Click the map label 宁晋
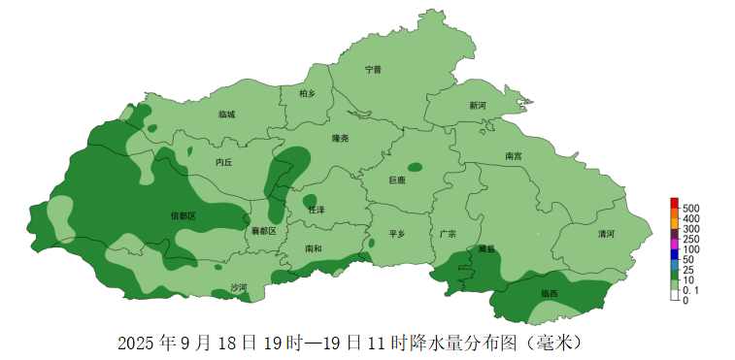pos(373,70)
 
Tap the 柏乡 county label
pos(308,93)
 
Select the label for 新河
pos(478,106)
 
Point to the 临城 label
pos(226,115)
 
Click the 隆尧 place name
pos(339,139)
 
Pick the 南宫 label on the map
pos(514,156)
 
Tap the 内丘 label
pos(224,163)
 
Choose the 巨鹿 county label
pos(396,180)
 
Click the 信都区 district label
pos(183,215)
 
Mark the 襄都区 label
pos(264,232)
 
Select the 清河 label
pos(607,234)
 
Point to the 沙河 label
pos(239,288)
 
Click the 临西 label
pos(550,293)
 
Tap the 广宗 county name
pos(448,234)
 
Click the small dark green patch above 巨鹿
pos(416,167)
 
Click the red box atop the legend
pos(674,202)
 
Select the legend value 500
pos(690,209)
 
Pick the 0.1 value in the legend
pos(690,290)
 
